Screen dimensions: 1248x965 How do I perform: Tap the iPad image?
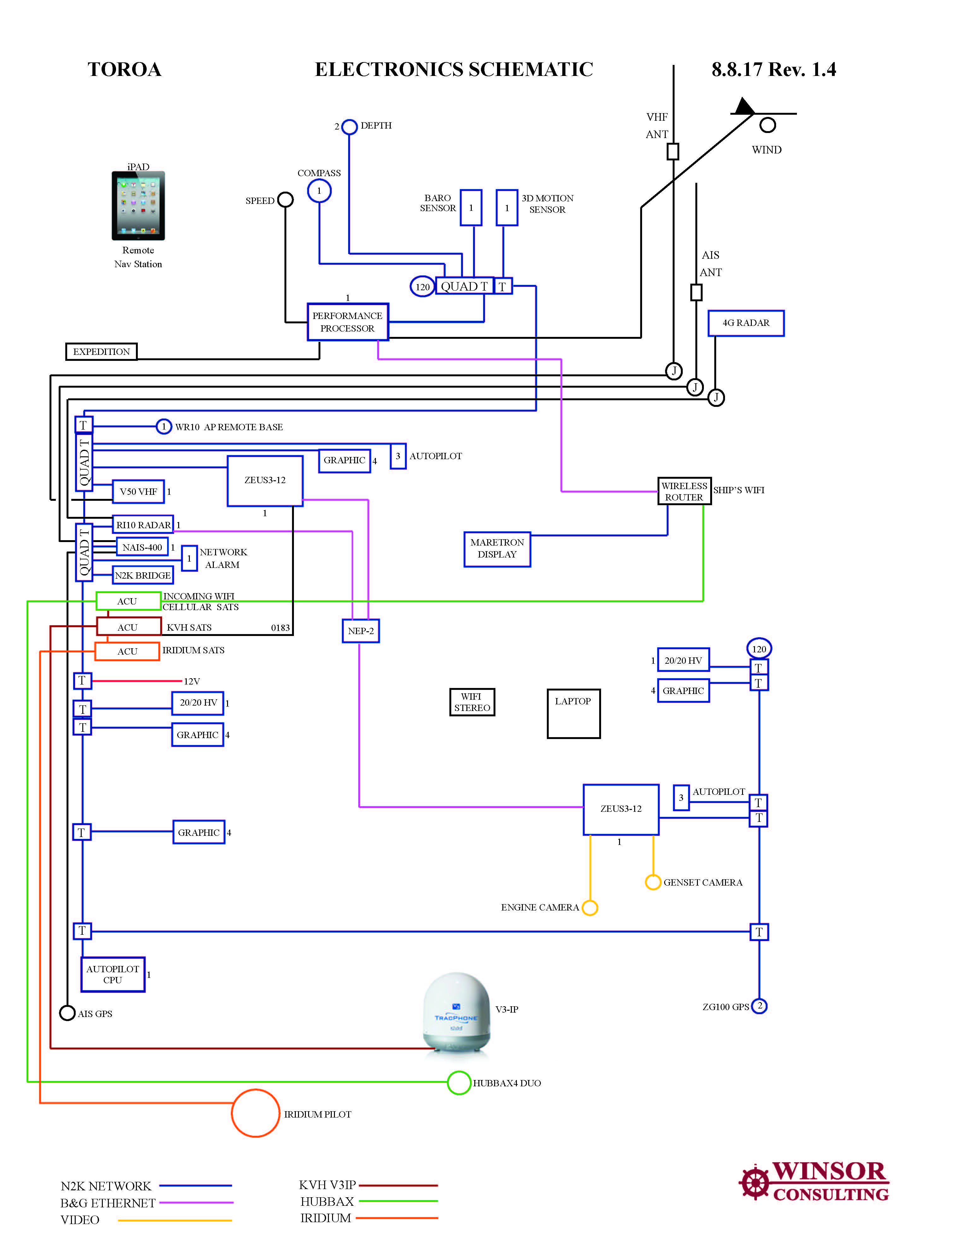tap(138, 206)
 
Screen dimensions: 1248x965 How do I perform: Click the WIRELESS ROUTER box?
tap(684, 491)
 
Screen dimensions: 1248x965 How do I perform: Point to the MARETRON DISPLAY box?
tap(497, 549)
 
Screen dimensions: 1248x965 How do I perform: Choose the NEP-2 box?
tap(361, 631)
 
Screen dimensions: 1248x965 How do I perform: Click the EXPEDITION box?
tap(101, 351)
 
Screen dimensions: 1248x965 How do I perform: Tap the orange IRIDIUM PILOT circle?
tap(255, 1113)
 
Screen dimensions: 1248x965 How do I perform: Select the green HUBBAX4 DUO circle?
tap(459, 1082)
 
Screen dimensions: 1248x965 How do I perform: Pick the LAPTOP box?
tap(573, 714)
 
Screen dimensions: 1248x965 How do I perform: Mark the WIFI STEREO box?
tap(472, 702)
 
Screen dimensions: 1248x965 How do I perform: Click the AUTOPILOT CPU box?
tap(113, 974)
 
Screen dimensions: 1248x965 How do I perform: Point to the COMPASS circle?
tap(319, 191)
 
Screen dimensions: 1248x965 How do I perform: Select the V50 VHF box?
tap(138, 491)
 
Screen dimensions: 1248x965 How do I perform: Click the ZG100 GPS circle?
tap(759, 1006)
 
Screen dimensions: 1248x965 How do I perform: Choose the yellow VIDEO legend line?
tap(174, 1220)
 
